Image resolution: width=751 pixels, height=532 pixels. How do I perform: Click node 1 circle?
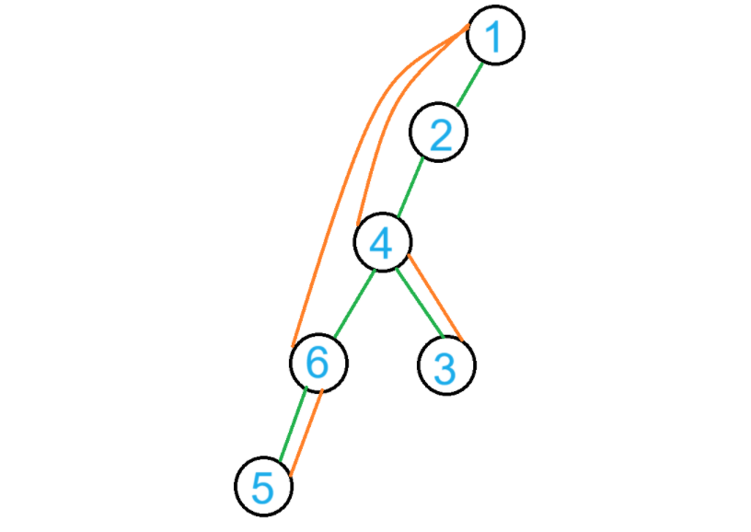495,35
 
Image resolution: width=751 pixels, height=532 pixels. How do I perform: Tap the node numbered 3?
446,365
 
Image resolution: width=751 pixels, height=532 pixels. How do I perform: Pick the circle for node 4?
383,241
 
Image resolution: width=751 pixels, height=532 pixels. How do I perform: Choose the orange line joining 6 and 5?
305,433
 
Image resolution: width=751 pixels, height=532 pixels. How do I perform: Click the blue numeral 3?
445,368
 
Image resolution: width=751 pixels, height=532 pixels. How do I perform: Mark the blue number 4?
381,243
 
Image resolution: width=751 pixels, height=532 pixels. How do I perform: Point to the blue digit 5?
263,488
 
